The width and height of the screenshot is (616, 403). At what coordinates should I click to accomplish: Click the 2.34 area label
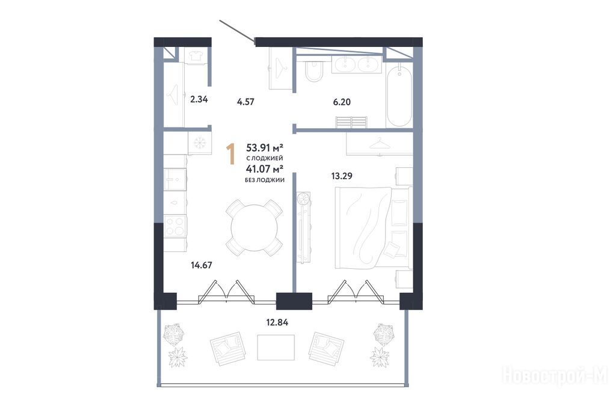click(x=199, y=99)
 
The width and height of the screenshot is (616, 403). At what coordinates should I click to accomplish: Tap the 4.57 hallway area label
click(x=245, y=102)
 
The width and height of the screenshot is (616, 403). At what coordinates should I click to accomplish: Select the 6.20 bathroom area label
click(x=342, y=102)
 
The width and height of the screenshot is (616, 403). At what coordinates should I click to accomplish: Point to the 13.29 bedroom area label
click(x=342, y=176)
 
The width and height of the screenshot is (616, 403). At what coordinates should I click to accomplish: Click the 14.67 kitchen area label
click(x=202, y=265)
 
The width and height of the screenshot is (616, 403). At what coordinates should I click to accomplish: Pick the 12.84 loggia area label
click(x=277, y=322)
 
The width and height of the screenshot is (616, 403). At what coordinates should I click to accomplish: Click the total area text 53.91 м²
click(x=265, y=148)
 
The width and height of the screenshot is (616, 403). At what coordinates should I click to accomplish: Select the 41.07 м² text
click(x=265, y=170)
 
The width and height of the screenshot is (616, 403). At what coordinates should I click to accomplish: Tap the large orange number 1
click(x=230, y=154)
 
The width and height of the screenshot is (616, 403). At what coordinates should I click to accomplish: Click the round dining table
click(x=254, y=228)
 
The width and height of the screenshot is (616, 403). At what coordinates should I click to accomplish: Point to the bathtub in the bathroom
click(x=399, y=96)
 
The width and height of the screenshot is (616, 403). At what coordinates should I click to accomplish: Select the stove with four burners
click(x=175, y=226)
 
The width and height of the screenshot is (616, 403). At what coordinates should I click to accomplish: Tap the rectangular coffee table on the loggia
click(x=276, y=347)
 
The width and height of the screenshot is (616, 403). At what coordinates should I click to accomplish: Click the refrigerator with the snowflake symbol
click(x=200, y=143)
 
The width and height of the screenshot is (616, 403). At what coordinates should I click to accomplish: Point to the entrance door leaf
click(x=237, y=30)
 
